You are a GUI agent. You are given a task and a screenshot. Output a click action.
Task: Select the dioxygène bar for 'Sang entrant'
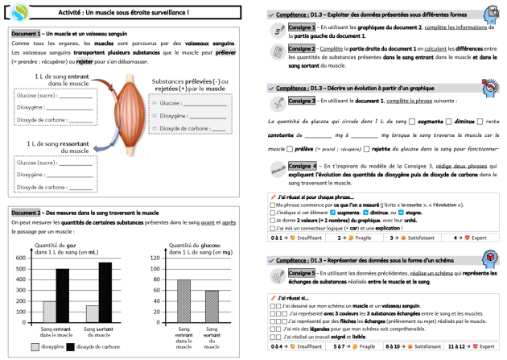(x=49, y=312)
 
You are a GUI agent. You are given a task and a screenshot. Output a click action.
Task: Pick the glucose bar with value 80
(x=183, y=301)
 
